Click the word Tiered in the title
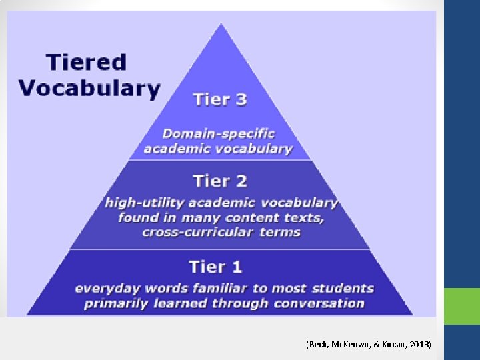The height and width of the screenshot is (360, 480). click(x=86, y=62)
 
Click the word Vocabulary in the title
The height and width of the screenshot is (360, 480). click(x=89, y=88)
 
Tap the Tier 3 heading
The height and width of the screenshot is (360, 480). click(x=220, y=100)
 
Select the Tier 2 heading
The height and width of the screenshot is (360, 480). click(x=220, y=181)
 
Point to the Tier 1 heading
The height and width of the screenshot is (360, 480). click(x=215, y=267)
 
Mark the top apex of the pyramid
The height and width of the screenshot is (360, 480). click(x=221, y=25)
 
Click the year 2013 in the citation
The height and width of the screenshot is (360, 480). click(x=421, y=344)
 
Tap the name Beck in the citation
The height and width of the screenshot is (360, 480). click(x=315, y=344)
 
